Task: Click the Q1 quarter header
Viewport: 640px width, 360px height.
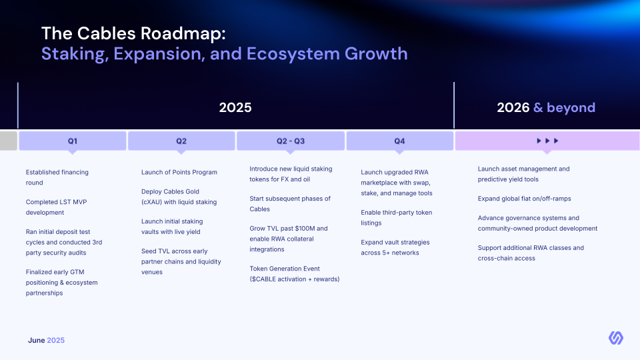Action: [x=73, y=141]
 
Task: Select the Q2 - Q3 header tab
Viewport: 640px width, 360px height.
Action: [x=291, y=141]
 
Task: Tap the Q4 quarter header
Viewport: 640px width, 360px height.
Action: [x=399, y=141]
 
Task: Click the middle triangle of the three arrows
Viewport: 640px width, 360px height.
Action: [x=547, y=141]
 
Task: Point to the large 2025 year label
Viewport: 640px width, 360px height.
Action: [x=235, y=107]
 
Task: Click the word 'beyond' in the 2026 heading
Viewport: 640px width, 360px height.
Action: [x=571, y=107]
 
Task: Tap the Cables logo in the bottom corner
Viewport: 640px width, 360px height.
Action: [x=616, y=338]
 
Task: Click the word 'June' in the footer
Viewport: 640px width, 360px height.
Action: [x=36, y=340]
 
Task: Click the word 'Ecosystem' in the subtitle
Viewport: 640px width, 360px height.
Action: [x=293, y=54]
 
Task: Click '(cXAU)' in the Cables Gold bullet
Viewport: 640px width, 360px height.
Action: [x=152, y=202]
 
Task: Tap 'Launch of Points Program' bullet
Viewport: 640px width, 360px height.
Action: [x=179, y=172]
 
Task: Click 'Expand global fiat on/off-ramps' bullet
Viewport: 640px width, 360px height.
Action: [x=524, y=199]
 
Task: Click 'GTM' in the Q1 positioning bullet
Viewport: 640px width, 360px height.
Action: [x=77, y=272]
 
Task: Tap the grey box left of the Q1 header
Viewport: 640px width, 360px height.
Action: [x=9, y=141]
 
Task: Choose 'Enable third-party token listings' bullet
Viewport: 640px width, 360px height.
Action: [x=396, y=217]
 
